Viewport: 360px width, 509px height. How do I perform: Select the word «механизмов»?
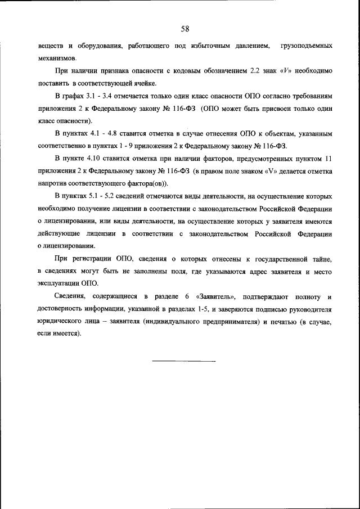tap(57, 57)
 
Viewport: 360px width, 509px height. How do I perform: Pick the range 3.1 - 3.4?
tap(98, 97)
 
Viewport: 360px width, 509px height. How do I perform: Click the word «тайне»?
tap(322, 259)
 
